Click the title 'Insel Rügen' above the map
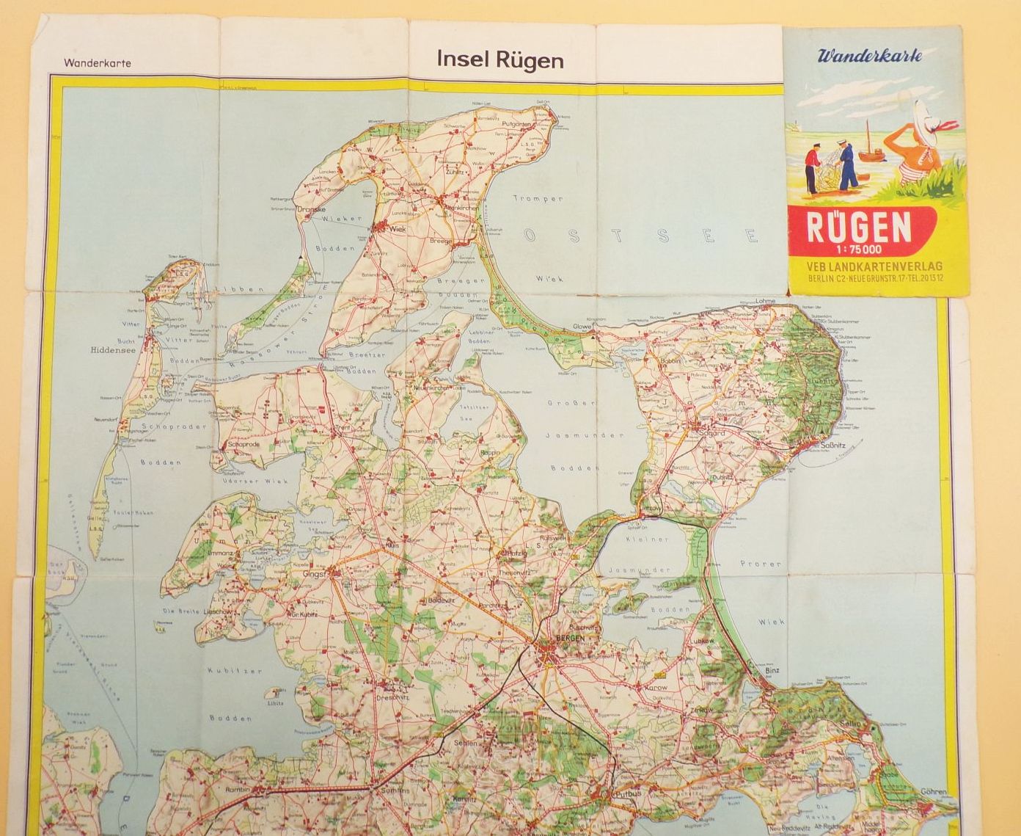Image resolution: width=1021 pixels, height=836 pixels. [499, 59]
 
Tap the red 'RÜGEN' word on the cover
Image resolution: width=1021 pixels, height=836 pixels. [859, 228]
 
